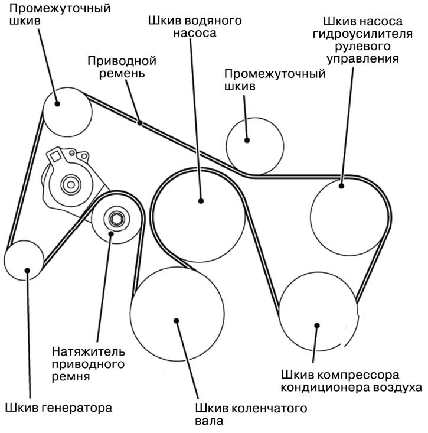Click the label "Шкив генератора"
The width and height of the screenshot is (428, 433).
coord(58,408)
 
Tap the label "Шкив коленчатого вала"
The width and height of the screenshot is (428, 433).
coord(251,415)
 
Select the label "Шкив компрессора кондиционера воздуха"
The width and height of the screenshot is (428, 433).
coord(351,382)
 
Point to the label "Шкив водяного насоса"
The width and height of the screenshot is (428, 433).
coord(195,27)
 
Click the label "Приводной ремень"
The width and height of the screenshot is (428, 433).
coord(122,67)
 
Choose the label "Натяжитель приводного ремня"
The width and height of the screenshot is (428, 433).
coord(89,364)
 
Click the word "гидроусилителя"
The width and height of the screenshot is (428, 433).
coord(362,34)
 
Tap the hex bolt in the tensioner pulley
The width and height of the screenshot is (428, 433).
coord(116,219)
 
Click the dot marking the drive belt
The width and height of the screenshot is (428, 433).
coord(140,122)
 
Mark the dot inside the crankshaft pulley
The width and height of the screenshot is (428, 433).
coord(177,321)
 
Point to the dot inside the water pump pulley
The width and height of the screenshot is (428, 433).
coord(201,201)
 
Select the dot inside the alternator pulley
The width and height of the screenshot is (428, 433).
coord(27,271)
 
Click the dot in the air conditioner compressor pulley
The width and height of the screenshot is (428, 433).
coord(317,325)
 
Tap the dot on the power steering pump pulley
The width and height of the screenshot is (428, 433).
coord(341,186)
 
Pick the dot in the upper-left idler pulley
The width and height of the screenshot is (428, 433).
coord(57,104)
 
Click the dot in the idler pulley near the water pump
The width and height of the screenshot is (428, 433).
coord(247,140)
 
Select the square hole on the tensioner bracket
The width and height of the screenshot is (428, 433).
coord(55,157)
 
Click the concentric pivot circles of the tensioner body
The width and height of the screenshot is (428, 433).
coord(71,184)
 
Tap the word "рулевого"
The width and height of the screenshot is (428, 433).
coord(362,46)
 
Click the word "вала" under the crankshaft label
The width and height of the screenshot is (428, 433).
coord(209,421)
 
